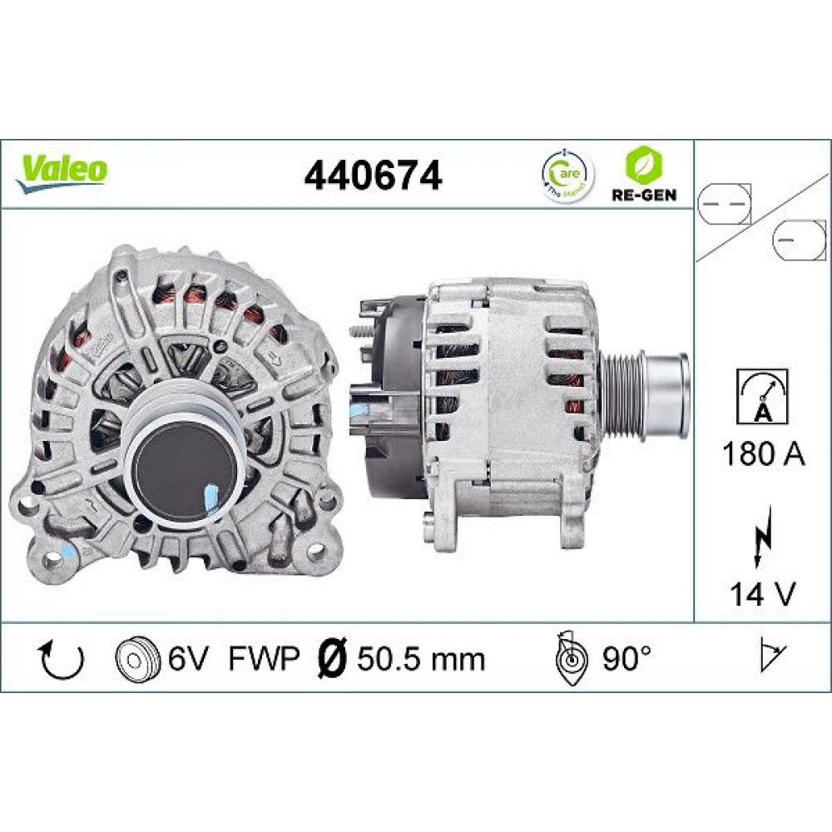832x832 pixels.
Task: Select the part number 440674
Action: tap(373, 176)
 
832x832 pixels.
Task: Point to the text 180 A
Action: tap(763, 456)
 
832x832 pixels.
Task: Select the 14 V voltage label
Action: tap(763, 594)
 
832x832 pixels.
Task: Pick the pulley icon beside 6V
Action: tap(136, 660)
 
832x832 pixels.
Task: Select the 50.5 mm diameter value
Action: tap(420, 659)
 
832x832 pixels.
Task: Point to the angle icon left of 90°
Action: tap(571, 660)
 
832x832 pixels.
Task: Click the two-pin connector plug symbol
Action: tap(723, 203)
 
